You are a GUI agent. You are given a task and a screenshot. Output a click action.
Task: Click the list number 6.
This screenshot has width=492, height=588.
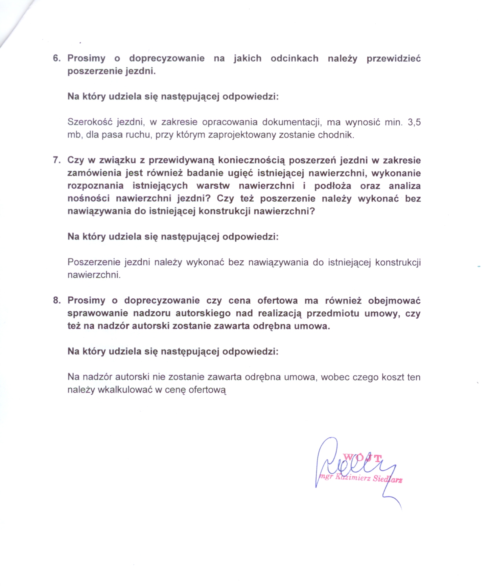click(x=56, y=58)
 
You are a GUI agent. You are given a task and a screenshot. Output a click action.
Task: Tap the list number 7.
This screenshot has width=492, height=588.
click(x=56, y=160)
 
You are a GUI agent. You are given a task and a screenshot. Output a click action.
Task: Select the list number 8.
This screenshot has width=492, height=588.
click(x=56, y=300)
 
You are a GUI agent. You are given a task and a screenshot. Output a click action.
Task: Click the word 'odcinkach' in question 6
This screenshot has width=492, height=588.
click(x=294, y=58)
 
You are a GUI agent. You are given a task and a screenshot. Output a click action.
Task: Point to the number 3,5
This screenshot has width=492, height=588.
click(x=414, y=122)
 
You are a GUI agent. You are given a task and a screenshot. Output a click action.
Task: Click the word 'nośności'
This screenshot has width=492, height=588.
click(x=89, y=199)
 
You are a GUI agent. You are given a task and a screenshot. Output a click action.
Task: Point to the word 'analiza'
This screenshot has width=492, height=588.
click(x=405, y=186)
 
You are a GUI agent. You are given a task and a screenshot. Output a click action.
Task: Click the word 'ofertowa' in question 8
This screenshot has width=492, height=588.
click(x=277, y=300)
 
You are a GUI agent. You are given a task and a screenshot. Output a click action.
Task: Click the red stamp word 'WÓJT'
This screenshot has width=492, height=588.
click(x=362, y=457)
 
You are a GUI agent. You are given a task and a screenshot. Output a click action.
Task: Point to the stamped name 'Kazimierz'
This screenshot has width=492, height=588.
click(x=353, y=478)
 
